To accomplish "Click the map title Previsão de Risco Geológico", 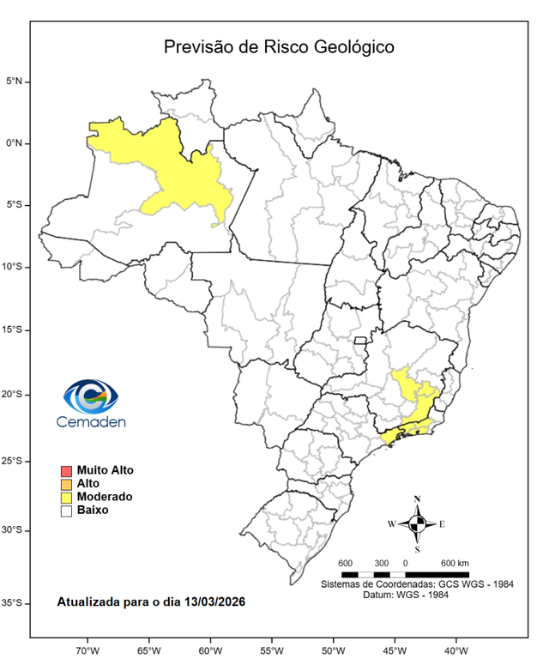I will pyautogui.click(x=279, y=46).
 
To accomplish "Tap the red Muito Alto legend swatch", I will pyautogui.click(x=66, y=471).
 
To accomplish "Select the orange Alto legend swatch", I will pyautogui.click(x=66, y=484).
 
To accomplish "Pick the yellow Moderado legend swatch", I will pyautogui.click(x=66, y=497).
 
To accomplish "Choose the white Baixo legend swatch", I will pyautogui.click(x=66, y=511).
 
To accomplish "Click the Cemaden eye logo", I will pyautogui.click(x=90, y=396).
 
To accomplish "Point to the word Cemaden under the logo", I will pyautogui.click(x=91, y=421).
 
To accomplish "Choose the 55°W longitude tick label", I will pyautogui.click(x=272, y=649).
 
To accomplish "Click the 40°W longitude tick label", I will pyautogui.click(x=456, y=649).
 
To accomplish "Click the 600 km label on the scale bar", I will pyautogui.click(x=455, y=563).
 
